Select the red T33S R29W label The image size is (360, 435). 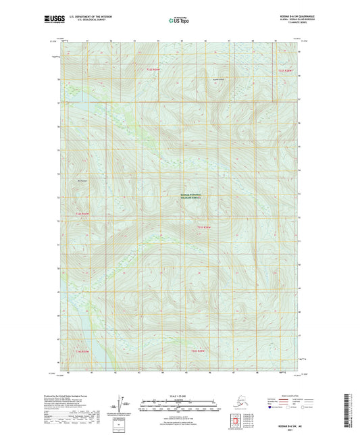[205, 228]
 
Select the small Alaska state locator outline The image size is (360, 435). [234, 403]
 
